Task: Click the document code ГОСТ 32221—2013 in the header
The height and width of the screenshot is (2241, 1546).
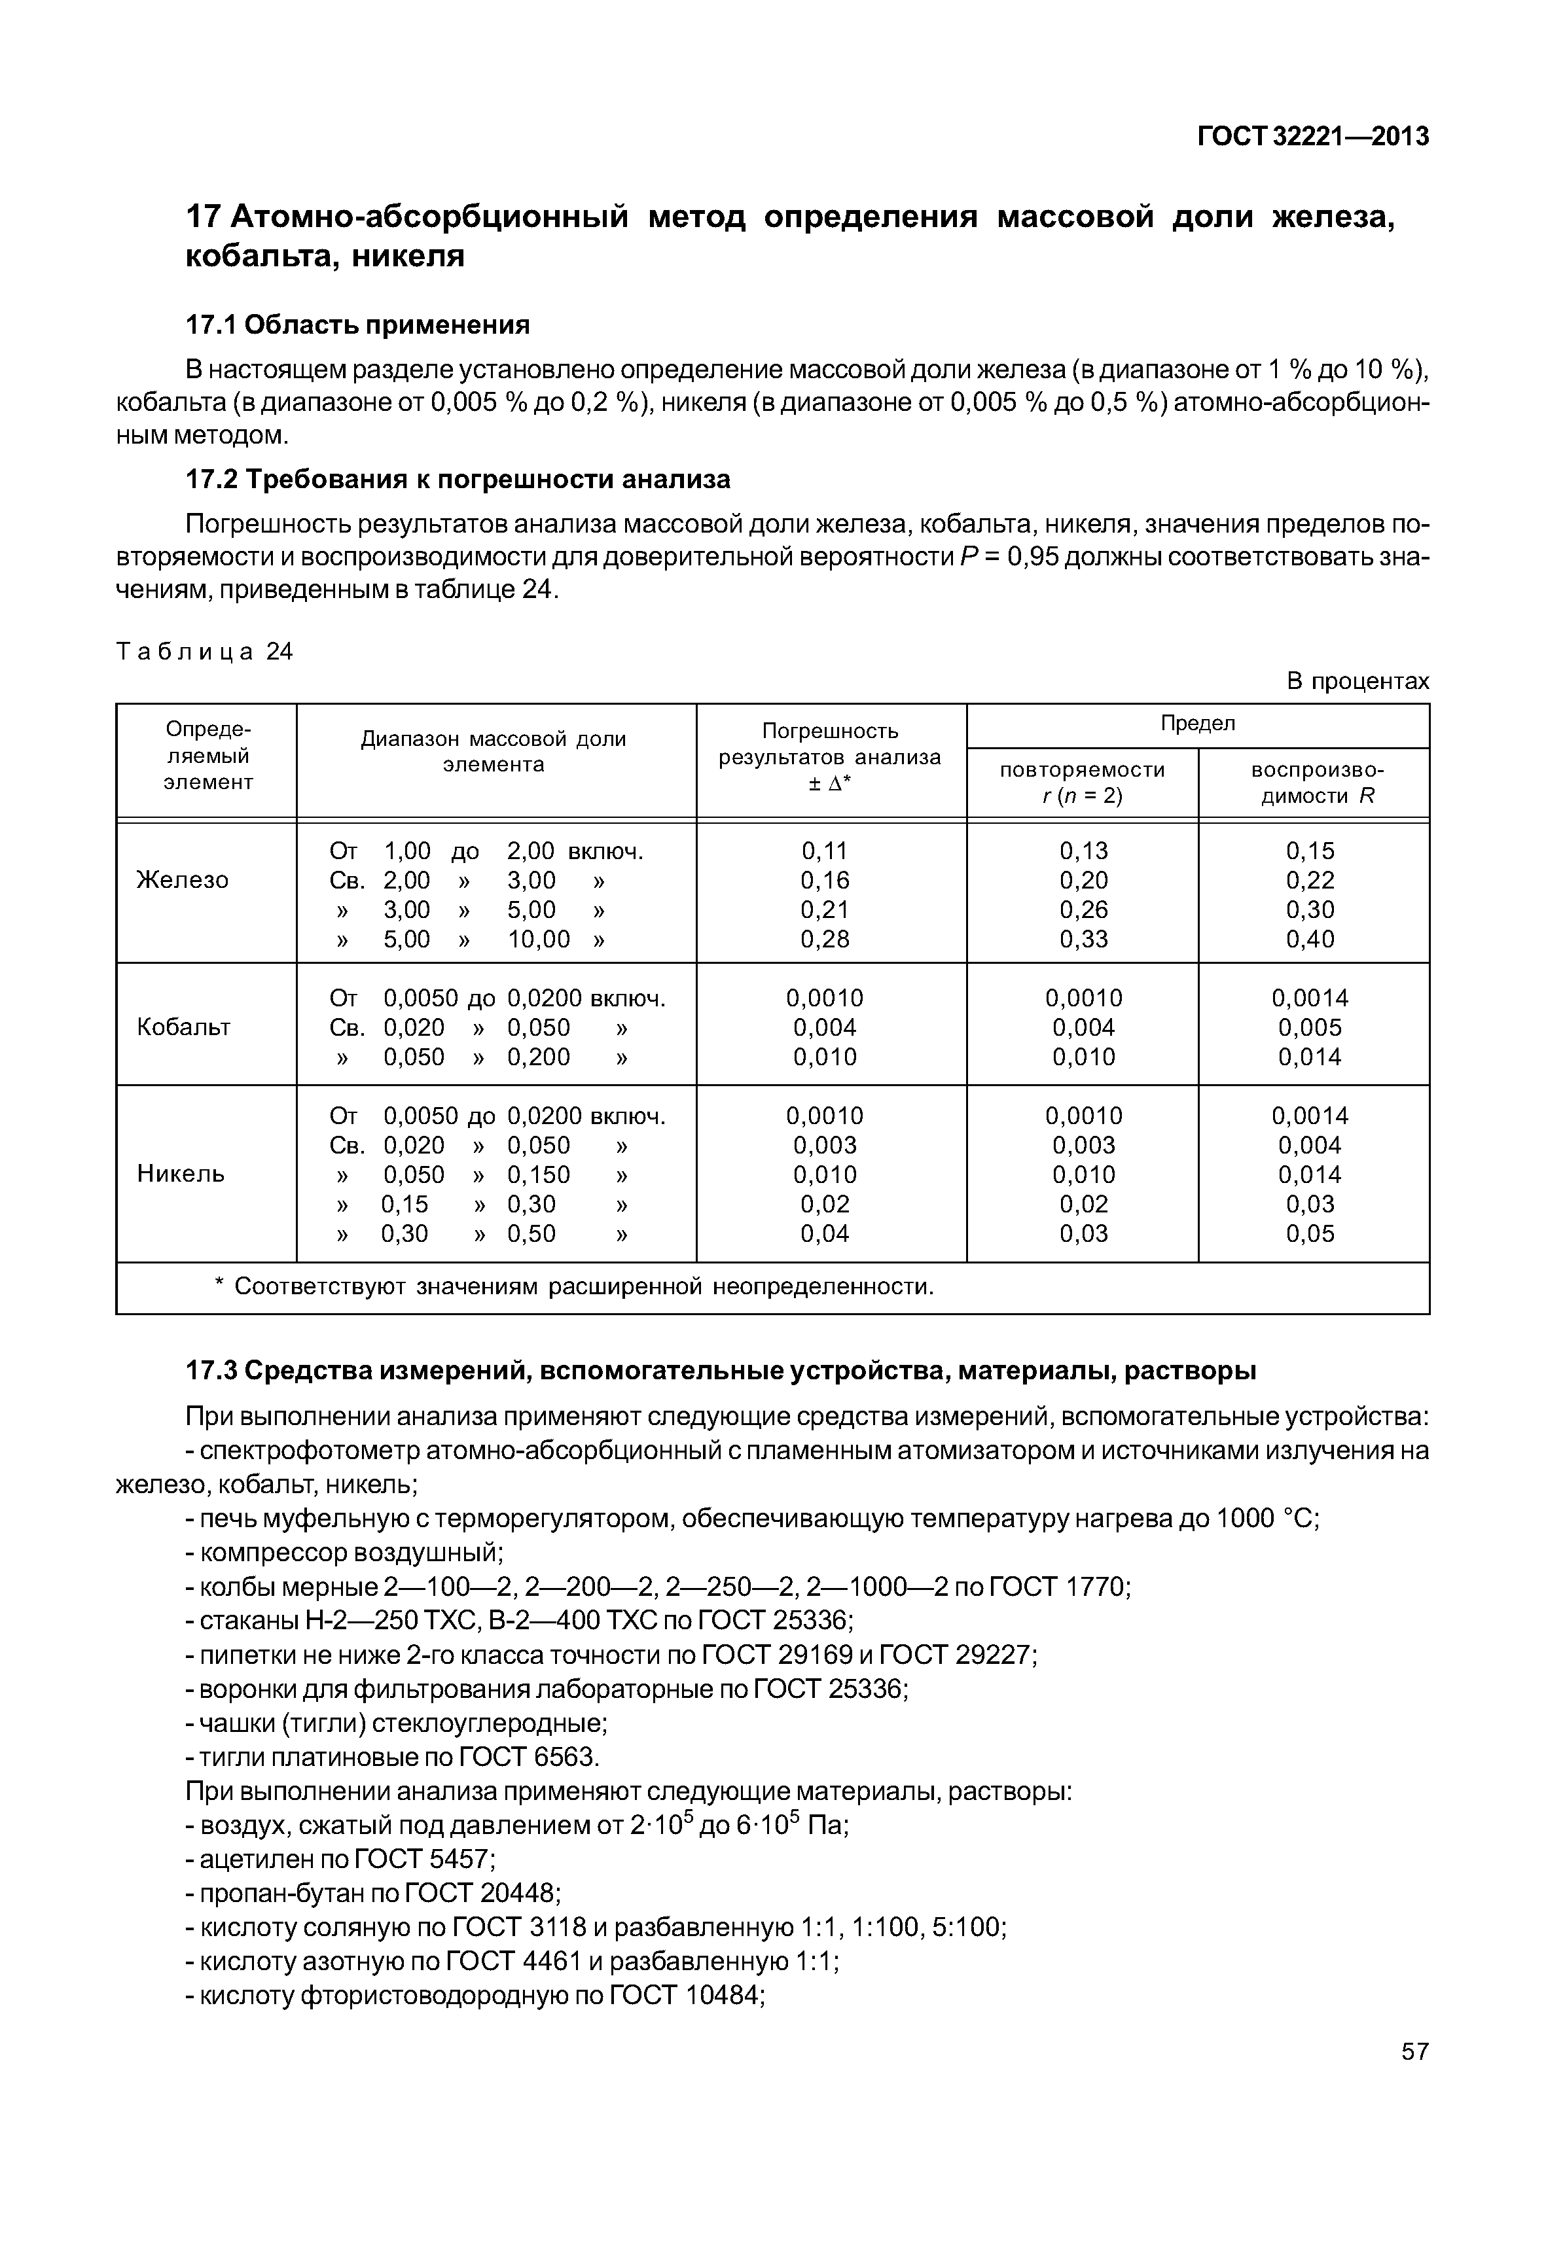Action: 1312,137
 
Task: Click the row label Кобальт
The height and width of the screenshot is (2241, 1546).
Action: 183,1027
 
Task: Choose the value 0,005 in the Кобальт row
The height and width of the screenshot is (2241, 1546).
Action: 1310,1027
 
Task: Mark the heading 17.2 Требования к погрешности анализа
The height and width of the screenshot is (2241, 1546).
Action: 458,480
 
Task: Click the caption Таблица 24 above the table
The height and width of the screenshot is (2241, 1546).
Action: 204,652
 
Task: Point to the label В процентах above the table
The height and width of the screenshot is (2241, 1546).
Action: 1357,681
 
